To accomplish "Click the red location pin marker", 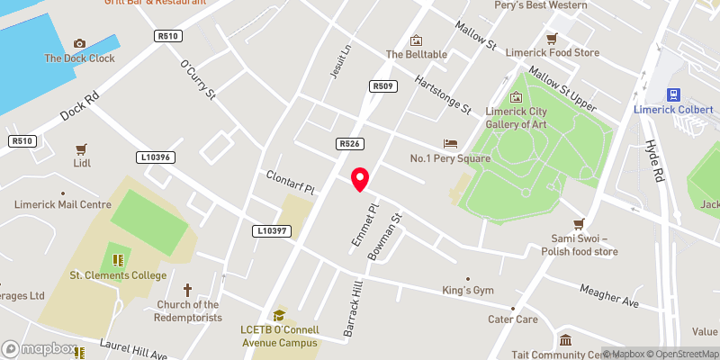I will pos(360,179).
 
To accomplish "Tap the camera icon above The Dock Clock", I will pos(79,43).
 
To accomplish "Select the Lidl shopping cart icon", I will pos(81,149).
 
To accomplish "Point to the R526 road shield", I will pos(349,143).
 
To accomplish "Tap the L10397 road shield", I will pos(270,231).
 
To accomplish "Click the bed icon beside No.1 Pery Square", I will pos(450,144).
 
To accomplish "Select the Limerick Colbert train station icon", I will pos(671,94).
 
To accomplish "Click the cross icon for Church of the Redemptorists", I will pos(188,290).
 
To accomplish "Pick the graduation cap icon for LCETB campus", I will pos(279,315).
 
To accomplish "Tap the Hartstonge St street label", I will pos(444,94).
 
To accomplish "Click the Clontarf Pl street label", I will pos(290,182).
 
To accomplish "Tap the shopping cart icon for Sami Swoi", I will pos(580,224).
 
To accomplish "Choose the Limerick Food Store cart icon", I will pos(552,39).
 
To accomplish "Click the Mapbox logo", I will pos(39,348).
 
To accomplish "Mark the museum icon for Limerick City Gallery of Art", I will pos(516,97).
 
